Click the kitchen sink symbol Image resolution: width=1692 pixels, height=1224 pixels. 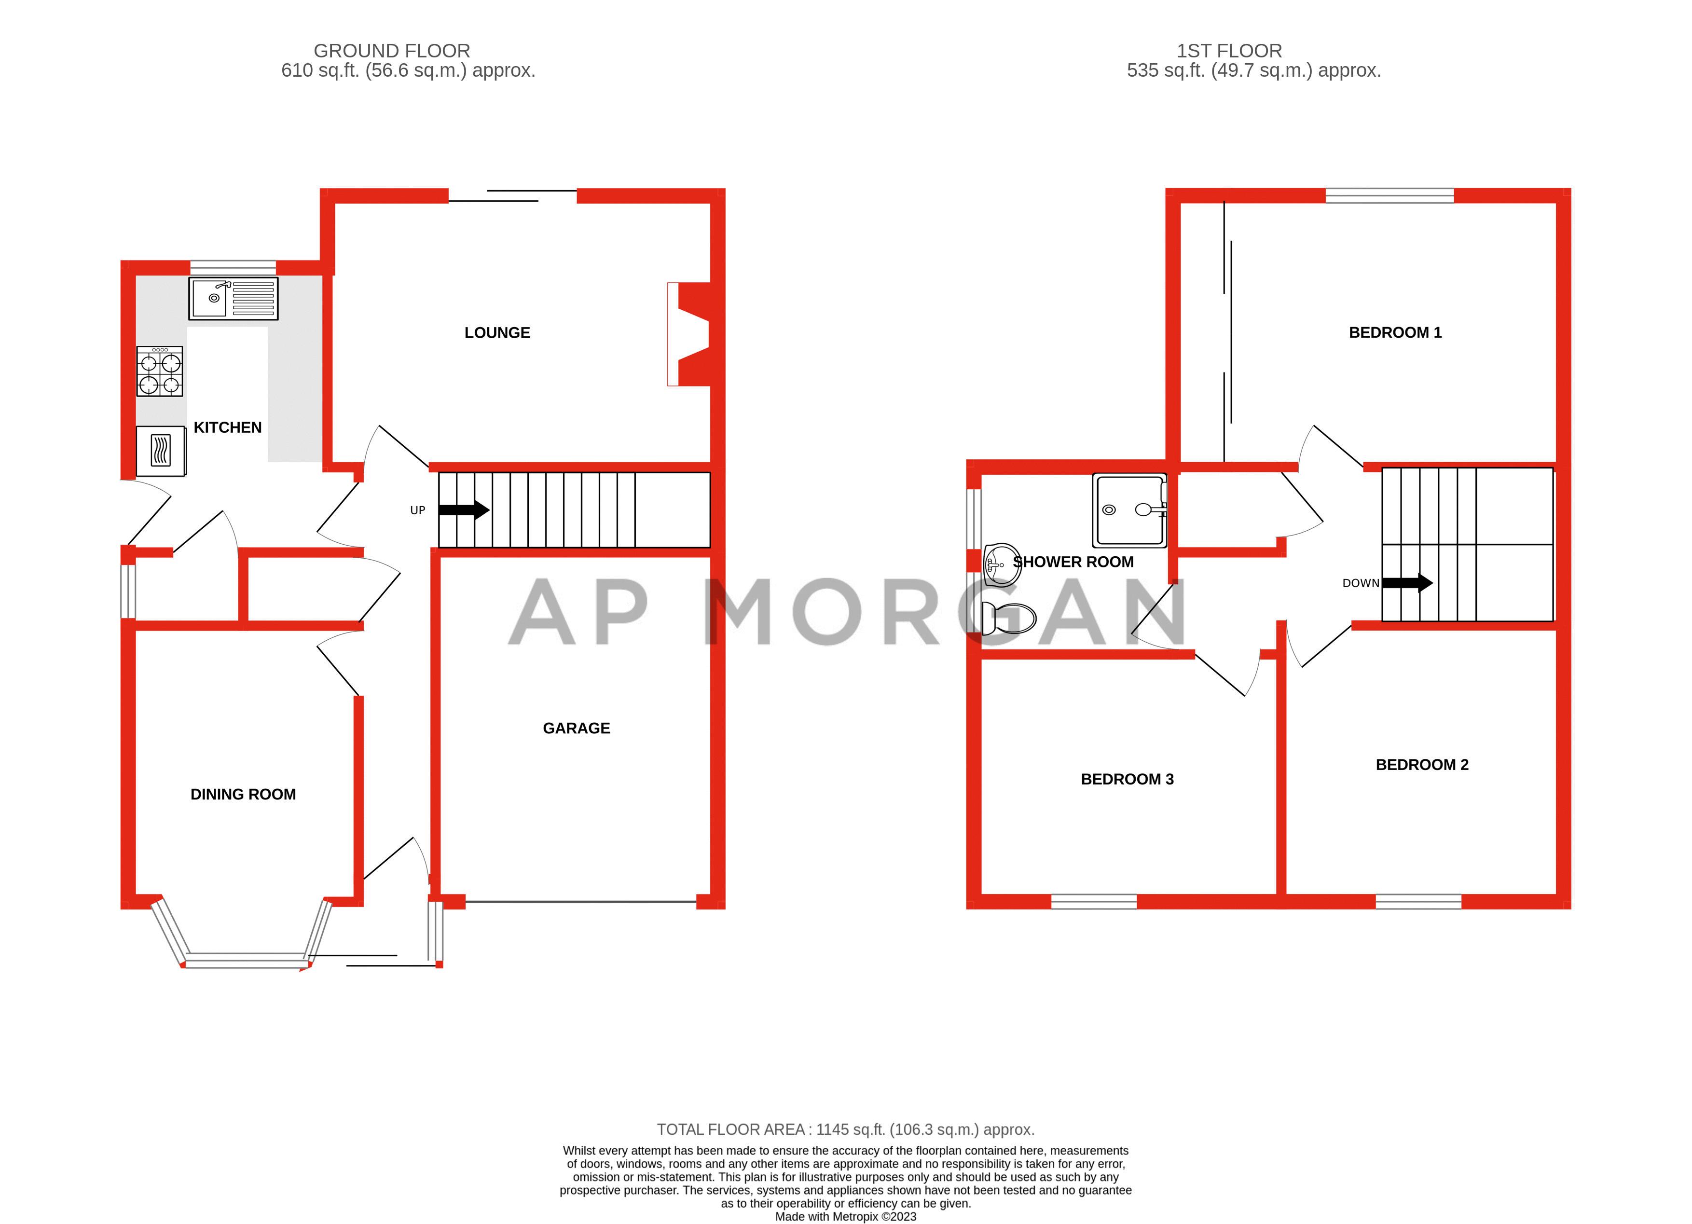coord(233,298)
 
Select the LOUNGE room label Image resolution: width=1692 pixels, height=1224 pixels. coord(497,333)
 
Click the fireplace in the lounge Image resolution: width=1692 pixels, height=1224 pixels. coord(689,334)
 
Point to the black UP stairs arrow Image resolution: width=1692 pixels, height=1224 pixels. coord(463,510)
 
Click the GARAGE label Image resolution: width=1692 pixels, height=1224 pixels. coord(576,728)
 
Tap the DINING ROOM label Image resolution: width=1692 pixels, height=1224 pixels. coord(243,794)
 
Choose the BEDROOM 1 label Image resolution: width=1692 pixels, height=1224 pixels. coord(1394,333)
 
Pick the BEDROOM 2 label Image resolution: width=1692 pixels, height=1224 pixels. coord(1421,765)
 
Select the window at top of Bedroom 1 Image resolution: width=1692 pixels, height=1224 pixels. coord(1389,195)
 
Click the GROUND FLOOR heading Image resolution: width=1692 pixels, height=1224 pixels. coord(392,51)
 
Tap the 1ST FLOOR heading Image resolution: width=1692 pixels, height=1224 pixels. coord(1229,51)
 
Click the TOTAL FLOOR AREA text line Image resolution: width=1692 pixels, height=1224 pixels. coord(845,1129)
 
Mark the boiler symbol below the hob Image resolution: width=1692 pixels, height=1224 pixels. coord(160,451)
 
